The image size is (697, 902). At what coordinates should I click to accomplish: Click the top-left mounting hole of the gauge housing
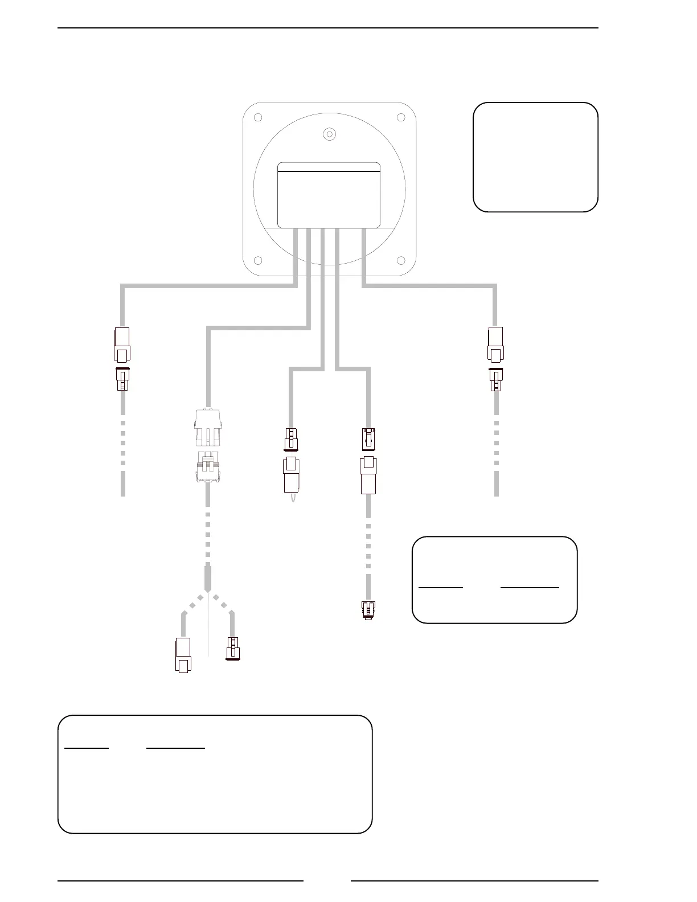tap(257, 118)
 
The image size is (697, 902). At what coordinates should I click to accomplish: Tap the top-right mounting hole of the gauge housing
tap(401, 118)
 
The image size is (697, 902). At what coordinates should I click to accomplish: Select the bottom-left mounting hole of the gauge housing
tap(257, 261)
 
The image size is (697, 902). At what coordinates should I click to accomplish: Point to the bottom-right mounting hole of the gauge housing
tap(401, 261)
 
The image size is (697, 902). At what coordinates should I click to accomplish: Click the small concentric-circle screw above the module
tap(329, 134)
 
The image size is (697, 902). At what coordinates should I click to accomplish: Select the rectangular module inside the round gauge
tap(329, 195)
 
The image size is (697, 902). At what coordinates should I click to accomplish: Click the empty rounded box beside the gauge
tap(535, 157)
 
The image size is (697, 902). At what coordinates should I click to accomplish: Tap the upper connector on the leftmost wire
tap(122, 345)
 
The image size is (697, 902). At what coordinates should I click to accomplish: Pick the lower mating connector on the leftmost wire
tap(122, 380)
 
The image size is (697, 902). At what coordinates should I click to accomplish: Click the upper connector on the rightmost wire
tap(495, 345)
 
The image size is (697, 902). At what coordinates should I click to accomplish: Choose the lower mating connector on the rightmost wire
tap(495, 380)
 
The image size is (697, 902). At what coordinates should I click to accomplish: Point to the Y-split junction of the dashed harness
tap(209, 592)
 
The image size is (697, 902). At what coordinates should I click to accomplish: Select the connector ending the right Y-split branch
tap(232, 649)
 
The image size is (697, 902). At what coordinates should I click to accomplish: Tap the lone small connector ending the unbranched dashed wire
tap(368, 610)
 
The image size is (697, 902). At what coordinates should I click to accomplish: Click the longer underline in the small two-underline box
tap(530, 587)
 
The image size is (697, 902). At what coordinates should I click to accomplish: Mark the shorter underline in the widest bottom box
tap(87, 748)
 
